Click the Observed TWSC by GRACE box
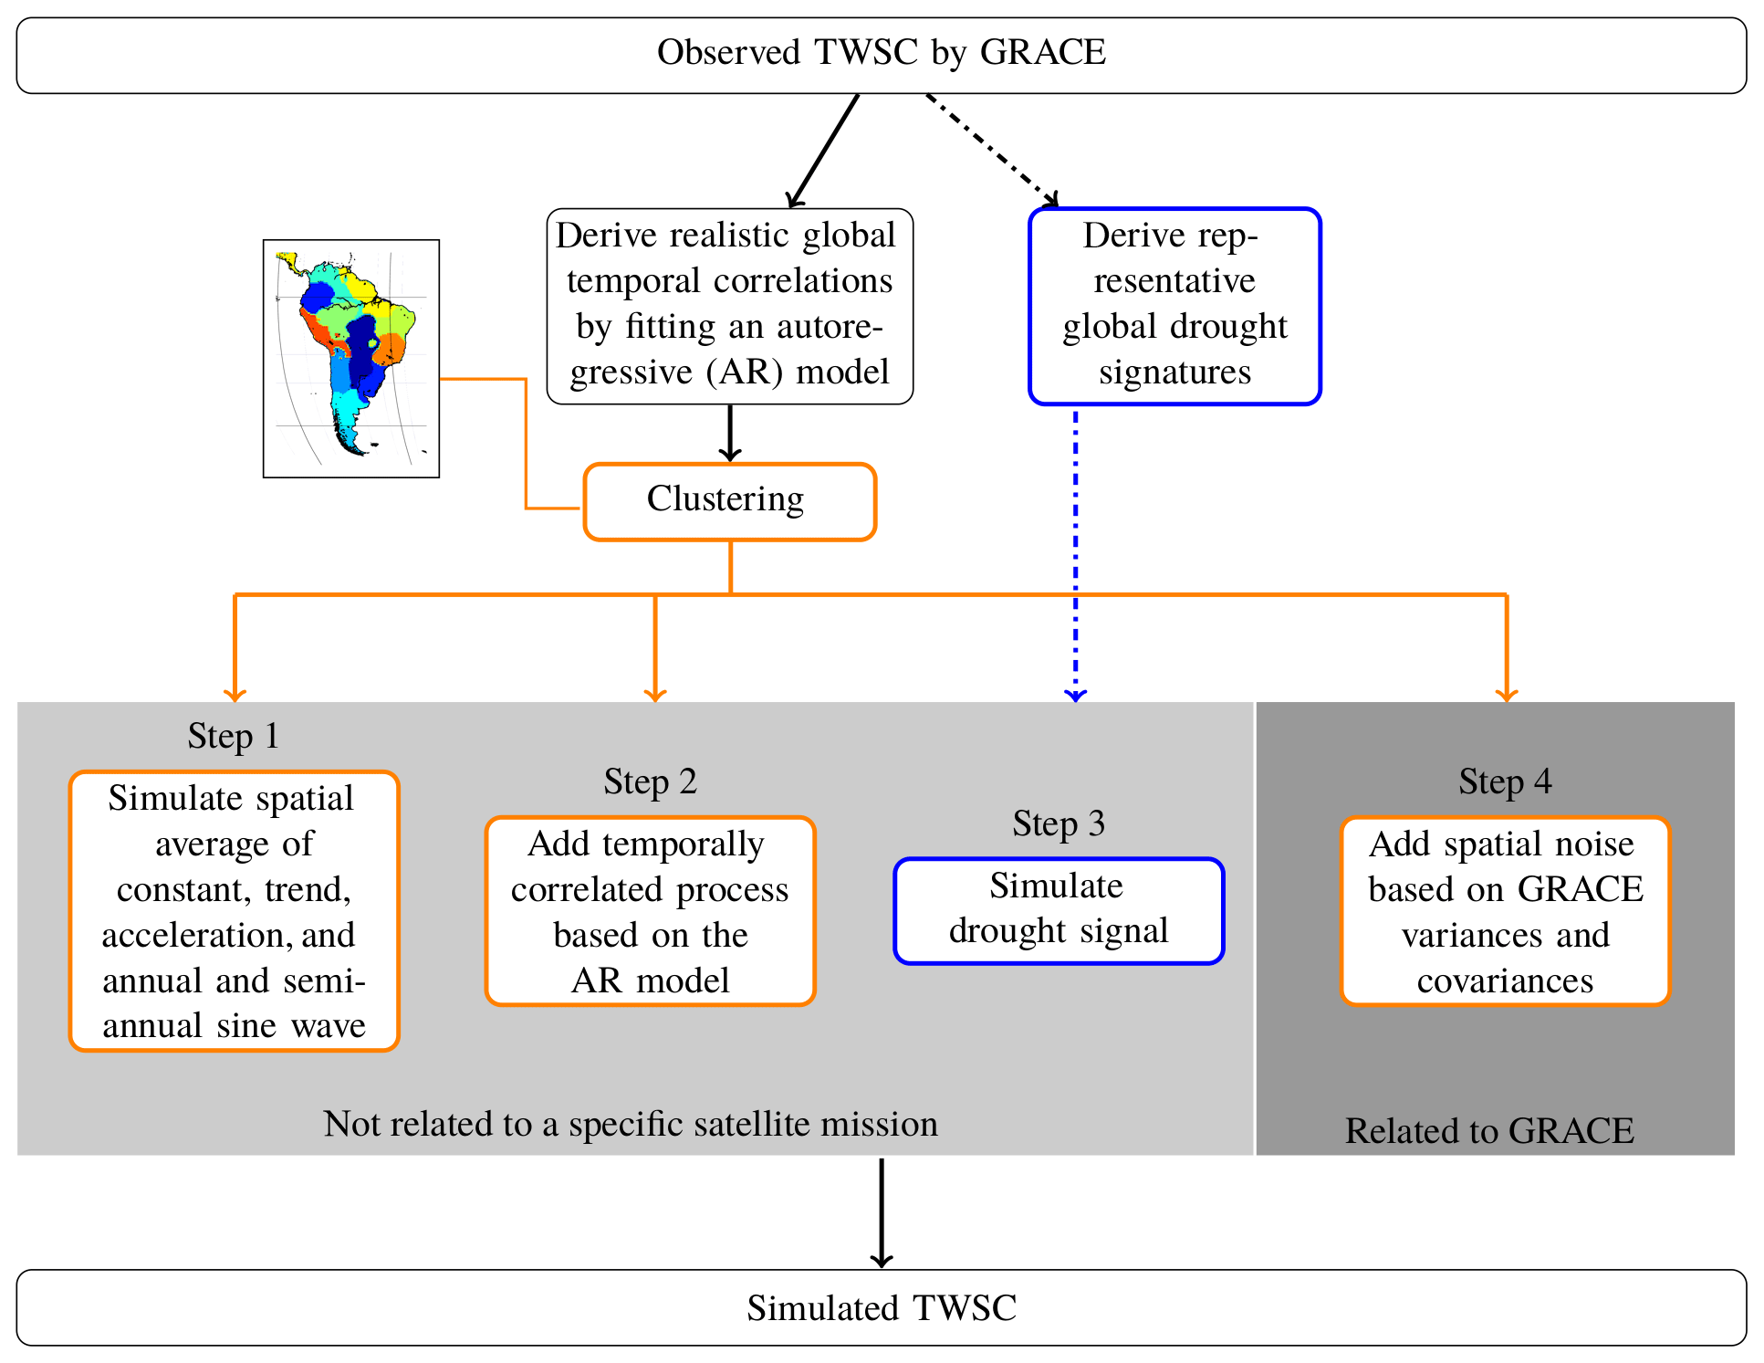[881, 55]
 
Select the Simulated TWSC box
[881, 1307]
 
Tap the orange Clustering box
[729, 501]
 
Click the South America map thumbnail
[351, 358]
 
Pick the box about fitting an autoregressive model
[729, 306]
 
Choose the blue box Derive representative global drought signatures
[1174, 306]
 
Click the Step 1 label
[233, 736]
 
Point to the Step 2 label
[650, 781]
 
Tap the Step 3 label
[1059, 823]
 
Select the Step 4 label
[1505, 781]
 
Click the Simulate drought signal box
[1059, 910]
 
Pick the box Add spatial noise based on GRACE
[1505, 911]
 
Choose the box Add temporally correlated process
[650, 911]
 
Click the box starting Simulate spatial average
[234, 911]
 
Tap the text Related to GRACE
[1489, 1131]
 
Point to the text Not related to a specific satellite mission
[631, 1124]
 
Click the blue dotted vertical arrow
[1076, 557]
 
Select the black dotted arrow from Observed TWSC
[992, 150]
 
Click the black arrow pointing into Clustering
[729, 433]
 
